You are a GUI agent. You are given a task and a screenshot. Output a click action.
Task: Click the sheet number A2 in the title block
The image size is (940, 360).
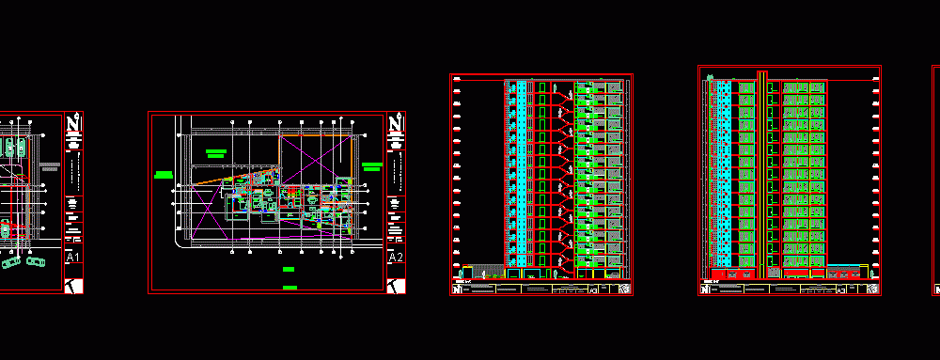tap(396, 258)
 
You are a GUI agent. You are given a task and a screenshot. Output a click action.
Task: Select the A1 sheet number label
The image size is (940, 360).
tap(73, 258)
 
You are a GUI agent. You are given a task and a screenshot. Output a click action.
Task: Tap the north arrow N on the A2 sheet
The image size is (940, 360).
tap(397, 123)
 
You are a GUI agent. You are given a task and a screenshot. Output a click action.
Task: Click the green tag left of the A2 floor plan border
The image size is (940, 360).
tap(164, 174)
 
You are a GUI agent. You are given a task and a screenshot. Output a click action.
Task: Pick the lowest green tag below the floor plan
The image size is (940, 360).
tap(290, 287)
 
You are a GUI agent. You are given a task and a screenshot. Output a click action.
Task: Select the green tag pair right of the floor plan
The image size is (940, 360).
tap(371, 166)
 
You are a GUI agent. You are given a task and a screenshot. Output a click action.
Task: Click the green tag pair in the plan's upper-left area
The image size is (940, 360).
tap(218, 153)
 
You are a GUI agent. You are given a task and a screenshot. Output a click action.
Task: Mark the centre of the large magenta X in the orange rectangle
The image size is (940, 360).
tap(317, 159)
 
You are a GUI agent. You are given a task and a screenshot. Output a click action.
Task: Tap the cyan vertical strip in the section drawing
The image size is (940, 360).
tap(521, 174)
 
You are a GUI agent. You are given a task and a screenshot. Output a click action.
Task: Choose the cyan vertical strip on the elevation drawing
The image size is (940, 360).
tap(724, 174)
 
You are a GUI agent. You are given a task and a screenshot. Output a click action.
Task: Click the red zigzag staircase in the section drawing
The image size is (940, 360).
tap(561, 174)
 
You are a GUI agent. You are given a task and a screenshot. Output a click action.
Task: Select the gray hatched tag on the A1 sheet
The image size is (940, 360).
tap(50, 166)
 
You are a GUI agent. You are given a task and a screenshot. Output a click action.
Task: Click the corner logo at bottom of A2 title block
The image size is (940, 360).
tap(396, 285)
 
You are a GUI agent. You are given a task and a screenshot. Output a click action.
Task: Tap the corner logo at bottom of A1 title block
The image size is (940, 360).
tap(73, 285)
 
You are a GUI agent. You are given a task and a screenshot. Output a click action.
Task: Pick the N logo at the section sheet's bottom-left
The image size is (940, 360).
tap(458, 290)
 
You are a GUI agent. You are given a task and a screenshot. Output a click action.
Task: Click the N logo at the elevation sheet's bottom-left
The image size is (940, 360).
tap(706, 290)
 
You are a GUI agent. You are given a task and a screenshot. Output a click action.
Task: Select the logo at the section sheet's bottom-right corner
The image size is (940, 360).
tap(622, 290)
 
